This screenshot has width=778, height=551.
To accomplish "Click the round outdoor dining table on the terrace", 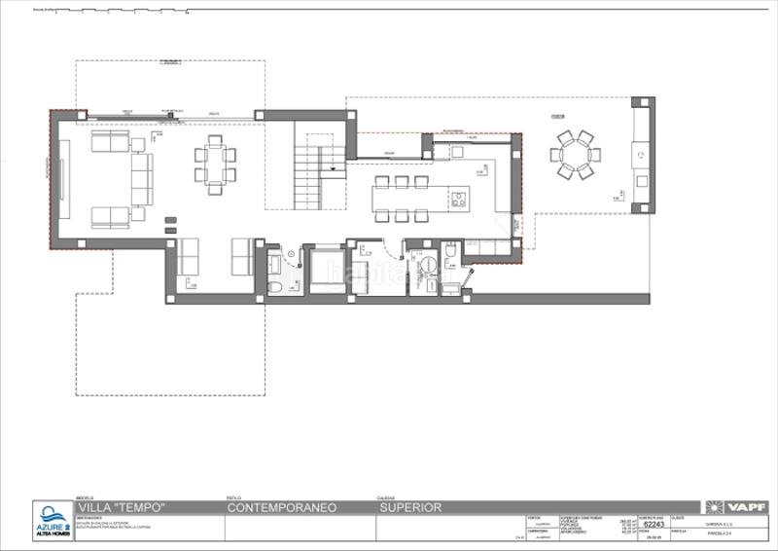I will pos(575,154).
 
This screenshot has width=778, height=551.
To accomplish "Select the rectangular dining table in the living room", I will pos(215,164).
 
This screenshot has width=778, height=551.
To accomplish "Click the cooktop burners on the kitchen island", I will pos(457,200).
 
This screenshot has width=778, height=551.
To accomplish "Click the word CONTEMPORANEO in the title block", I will pos(281,507).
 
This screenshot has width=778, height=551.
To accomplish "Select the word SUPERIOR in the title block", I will pos(410,507).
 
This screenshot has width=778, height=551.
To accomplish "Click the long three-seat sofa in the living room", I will pos(142,179).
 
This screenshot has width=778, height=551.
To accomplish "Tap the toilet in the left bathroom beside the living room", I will pos(274,286).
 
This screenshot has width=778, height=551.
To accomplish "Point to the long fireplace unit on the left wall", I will pos(64,178).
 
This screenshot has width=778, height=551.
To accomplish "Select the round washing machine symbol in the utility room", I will pos(426,266).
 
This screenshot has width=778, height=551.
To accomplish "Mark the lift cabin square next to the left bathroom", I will pos(327,271).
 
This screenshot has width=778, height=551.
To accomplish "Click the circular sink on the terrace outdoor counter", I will pos(641,155).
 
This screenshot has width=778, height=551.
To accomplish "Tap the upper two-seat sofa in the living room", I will pos(110,142).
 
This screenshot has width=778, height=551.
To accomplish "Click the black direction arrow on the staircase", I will pos(334,171).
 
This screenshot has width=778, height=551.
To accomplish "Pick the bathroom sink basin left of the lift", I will pos(274,262).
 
